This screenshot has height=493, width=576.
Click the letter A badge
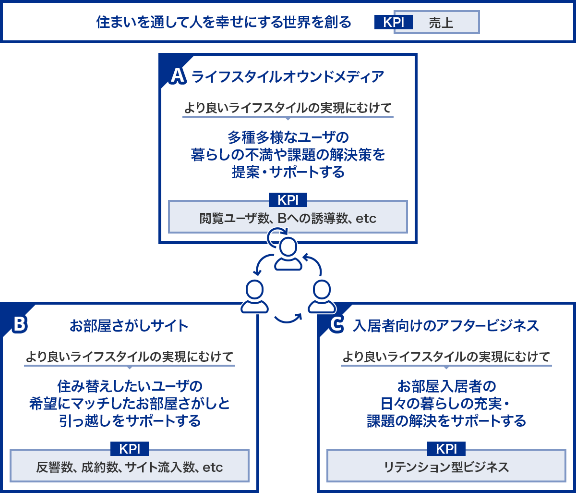coord(178,76)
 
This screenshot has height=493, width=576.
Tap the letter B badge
coord(20,324)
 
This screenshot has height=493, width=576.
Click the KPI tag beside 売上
coord(393,22)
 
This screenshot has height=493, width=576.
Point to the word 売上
coord(441,23)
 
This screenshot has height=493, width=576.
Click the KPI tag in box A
coord(288,200)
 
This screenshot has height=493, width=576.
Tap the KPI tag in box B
coord(130,449)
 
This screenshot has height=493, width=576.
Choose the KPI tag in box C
coord(446,449)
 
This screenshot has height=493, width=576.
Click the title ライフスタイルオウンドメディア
coord(288,77)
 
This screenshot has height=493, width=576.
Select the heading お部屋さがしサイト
coord(129,326)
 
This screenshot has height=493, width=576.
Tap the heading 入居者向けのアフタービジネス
coord(445,326)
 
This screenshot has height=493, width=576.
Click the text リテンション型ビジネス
coord(446,467)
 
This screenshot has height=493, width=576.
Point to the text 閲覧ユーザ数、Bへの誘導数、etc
coord(288,218)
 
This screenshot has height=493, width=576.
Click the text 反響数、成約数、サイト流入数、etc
coord(130,467)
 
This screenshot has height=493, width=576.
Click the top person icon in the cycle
coord(288,254)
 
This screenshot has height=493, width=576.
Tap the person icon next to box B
coord(254,296)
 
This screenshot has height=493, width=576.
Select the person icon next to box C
coord(322,296)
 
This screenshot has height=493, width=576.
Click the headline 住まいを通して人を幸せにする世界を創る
coord(224,22)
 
